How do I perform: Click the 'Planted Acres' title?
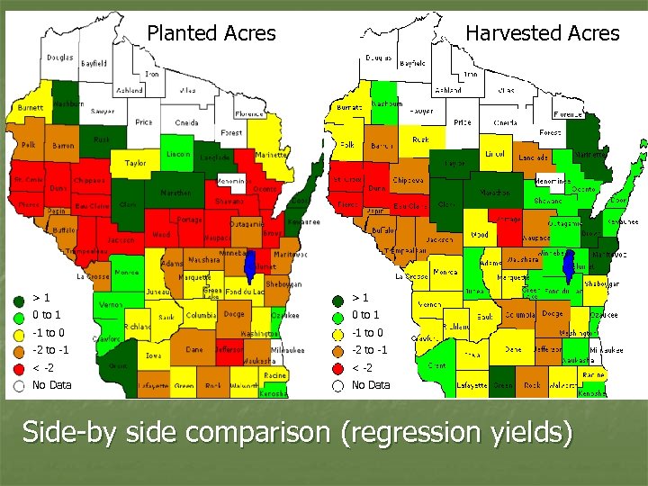[211, 33]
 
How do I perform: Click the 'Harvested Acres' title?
[542, 33]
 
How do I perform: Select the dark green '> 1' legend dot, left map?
[17, 298]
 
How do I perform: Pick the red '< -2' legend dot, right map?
[337, 368]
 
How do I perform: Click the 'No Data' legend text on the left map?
[51, 385]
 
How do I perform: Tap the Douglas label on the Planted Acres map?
[60, 58]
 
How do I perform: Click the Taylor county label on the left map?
[135, 164]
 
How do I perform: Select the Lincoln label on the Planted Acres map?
[178, 154]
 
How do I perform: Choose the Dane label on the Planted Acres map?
[193, 348]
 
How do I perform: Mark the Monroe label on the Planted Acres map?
[128, 272]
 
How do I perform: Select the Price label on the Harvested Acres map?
[462, 122]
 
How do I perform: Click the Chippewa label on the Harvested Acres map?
[408, 180]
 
